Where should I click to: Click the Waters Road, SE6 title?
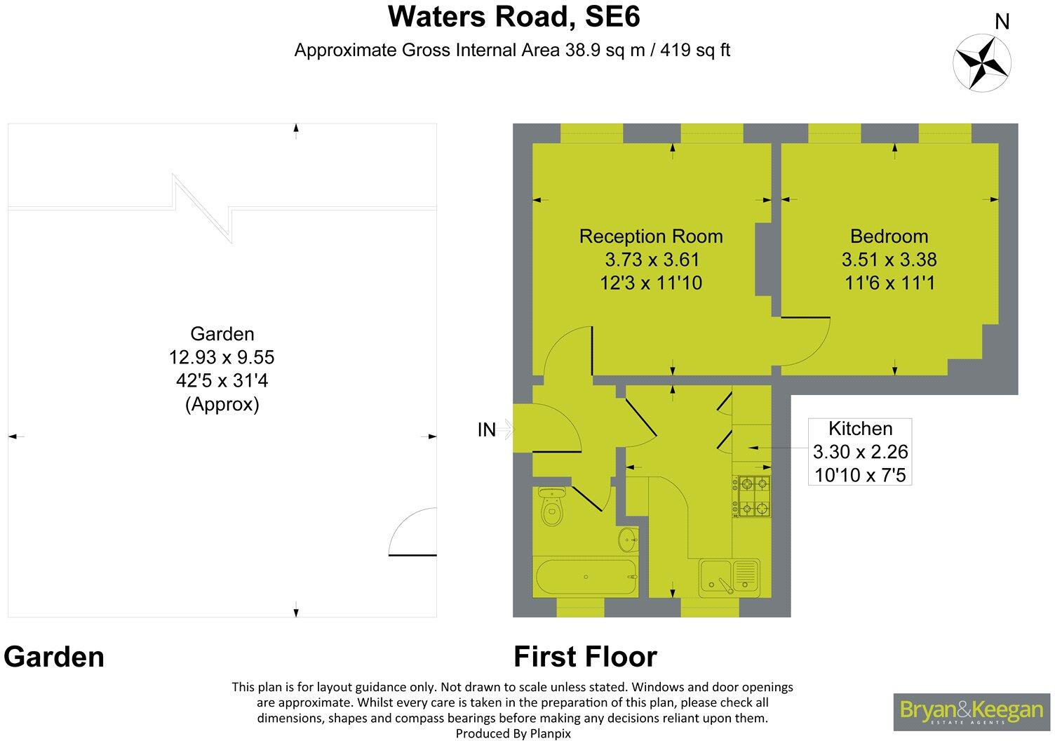[x=513, y=17]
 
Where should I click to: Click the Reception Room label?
[x=650, y=236]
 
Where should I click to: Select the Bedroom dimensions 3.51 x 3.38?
[x=889, y=260]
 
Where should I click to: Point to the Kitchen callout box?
[x=860, y=452]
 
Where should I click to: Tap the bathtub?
[x=587, y=578]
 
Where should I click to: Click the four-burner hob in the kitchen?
[x=752, y=496]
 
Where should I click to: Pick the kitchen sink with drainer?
[x=729, y=576]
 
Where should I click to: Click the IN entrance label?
[x=487, y=429]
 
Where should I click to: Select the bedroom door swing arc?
[x=807, y=342]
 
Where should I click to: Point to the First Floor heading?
[x=585, y=657]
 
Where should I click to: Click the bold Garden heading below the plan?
[x=54, y=657]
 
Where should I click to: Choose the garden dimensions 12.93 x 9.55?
[x=222, y=358]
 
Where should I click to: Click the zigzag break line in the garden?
[x=203, y=208]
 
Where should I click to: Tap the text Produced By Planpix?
[x=513, y=733]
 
